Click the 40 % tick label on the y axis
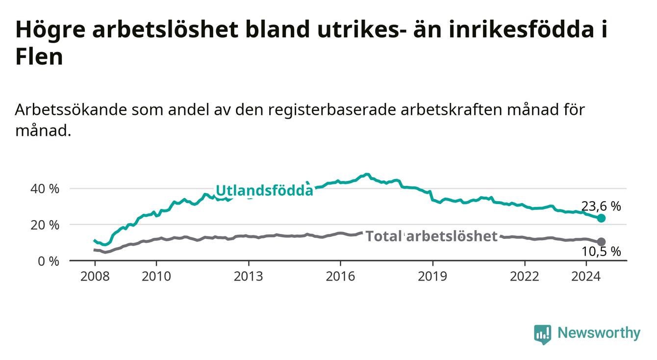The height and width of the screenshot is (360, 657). click(45, 189)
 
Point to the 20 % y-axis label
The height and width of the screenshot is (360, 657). click(45, 225)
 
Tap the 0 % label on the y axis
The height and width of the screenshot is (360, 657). click(49, 261)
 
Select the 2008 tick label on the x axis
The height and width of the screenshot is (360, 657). click(95, 277)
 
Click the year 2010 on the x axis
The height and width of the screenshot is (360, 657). click(156, 277)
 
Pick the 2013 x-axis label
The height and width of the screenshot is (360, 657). click(249, 277)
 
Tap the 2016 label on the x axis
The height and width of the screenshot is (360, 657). click(340, 277)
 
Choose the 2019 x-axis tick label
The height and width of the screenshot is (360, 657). click(432, 277)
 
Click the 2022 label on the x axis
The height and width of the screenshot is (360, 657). click(525, 277)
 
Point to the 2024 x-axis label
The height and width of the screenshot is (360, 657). click(586, 277)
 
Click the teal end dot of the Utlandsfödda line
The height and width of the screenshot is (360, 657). click(601, 218)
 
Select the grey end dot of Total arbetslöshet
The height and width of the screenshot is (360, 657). click(601, 242)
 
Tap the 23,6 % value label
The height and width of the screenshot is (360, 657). click(601, 206)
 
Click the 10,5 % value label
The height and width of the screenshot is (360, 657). click(601, 252)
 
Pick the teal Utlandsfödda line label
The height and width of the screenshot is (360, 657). click(265, 190)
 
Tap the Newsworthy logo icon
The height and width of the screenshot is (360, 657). click(543, 334)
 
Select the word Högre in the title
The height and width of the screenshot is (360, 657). click(51, 29)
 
